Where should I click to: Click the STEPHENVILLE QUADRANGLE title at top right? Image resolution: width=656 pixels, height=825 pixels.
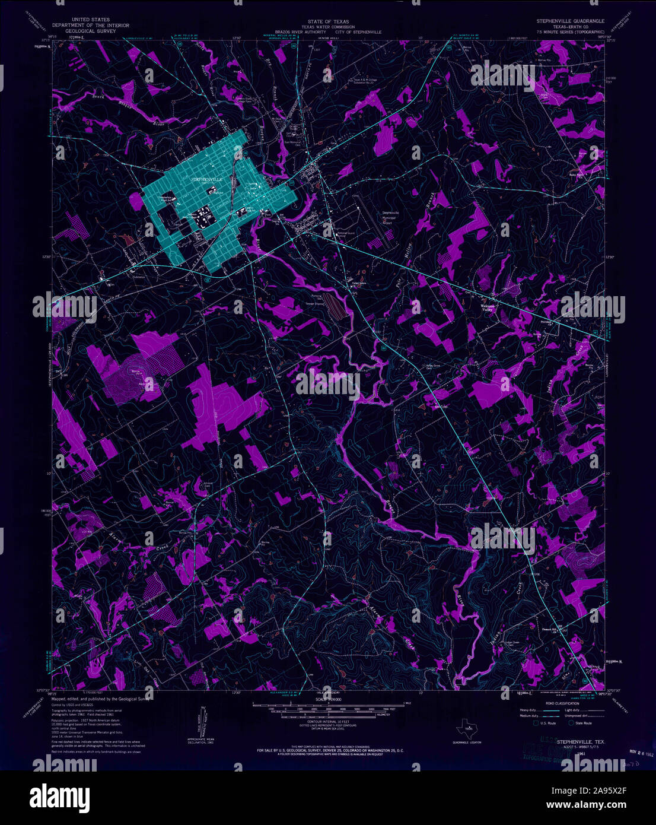[570, 21]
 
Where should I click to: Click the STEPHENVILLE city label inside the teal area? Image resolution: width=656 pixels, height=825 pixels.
[207, 179]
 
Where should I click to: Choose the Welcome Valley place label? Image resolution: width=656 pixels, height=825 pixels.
[487, 308]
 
